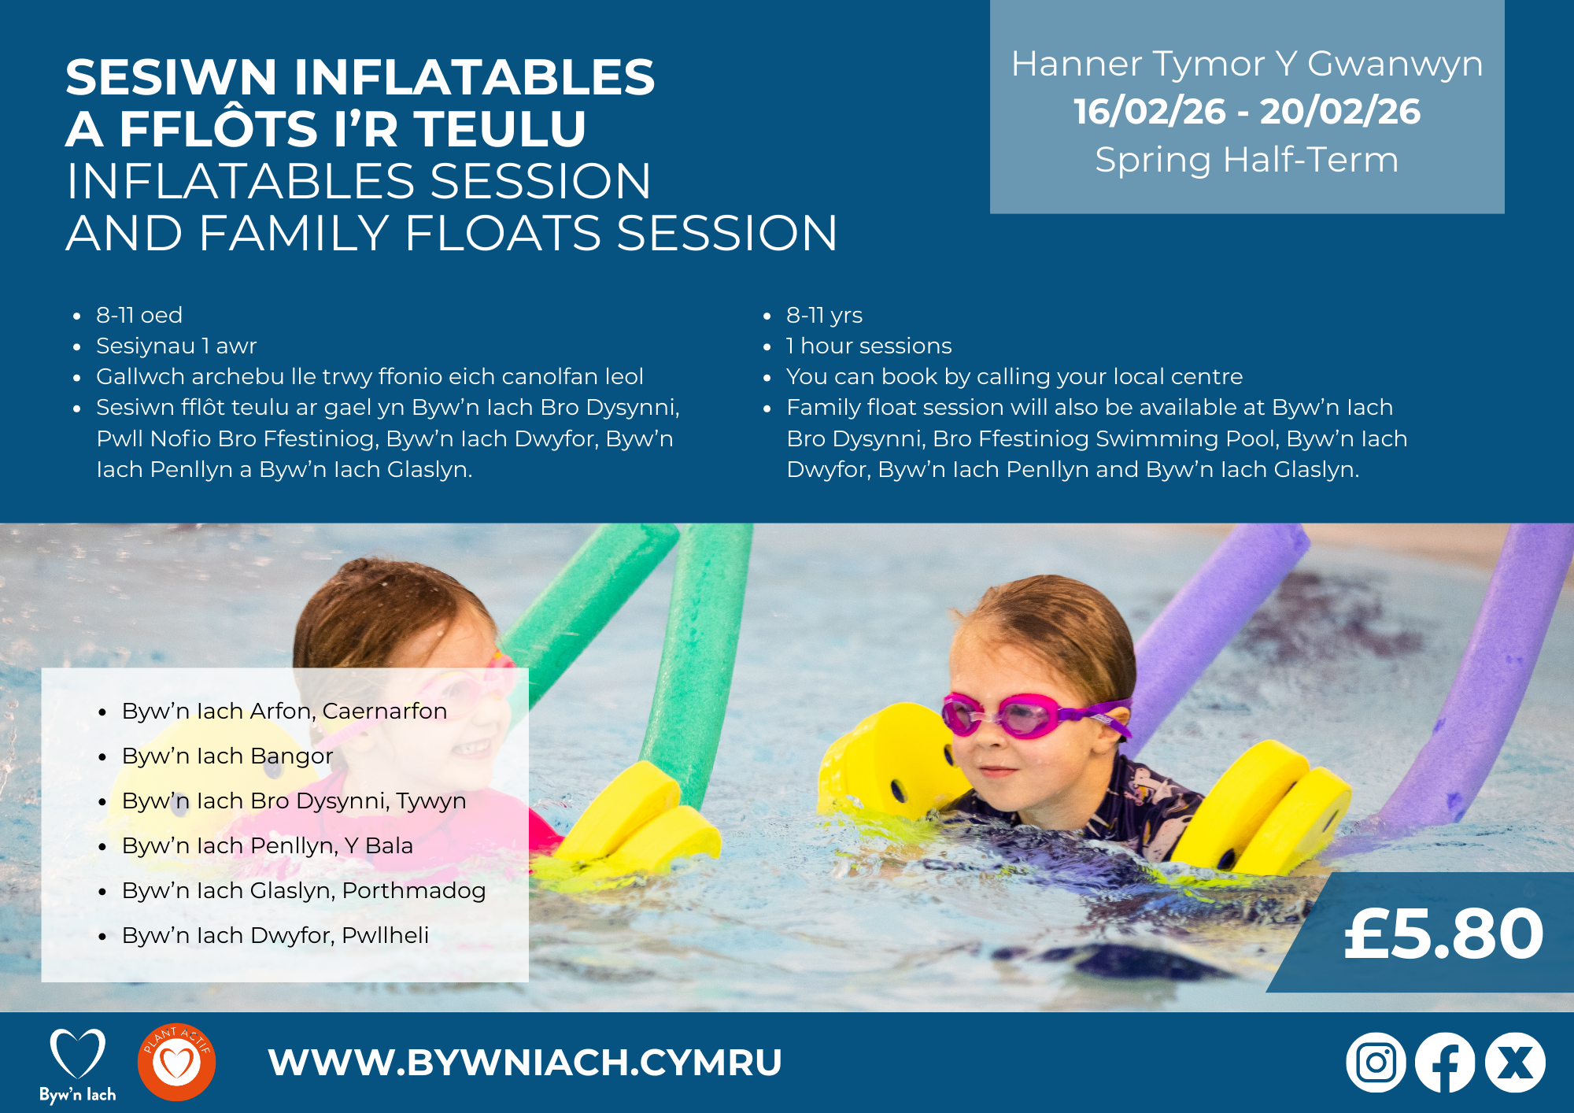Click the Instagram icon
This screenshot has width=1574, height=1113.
[x=1376, y=1063]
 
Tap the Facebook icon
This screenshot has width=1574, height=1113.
[x=1445, y=1063]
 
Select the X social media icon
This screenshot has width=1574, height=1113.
[x=1515, y=1063]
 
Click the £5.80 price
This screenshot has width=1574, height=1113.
[x=1443, y=934]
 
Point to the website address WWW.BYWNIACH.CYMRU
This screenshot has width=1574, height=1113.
[x=525, y=1063]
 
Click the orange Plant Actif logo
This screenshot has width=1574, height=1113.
[x=176, y=1062]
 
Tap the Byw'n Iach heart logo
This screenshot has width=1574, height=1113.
[x=78, y=1065]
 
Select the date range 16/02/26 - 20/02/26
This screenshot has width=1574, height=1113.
[x=1247, y=111]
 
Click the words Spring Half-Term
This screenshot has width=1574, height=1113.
[x=1247, y=160]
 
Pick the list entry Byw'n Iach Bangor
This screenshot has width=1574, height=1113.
[x=227, y=756]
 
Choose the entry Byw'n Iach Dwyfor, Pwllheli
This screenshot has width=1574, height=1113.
[x=275, y=935]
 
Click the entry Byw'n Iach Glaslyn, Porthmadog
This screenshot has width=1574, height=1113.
[x=304, y=890]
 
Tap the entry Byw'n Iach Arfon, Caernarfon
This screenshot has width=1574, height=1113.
[x=284, y=711]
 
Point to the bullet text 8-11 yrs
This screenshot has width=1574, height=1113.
[x=824, y=315]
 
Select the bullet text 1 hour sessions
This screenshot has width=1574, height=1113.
[x=869, y=346]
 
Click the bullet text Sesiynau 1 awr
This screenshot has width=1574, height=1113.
[x=176, y=346]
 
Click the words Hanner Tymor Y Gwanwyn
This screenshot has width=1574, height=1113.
[x=1247, y=64]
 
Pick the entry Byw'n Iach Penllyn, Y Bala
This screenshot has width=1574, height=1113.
[x=268, y=845]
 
